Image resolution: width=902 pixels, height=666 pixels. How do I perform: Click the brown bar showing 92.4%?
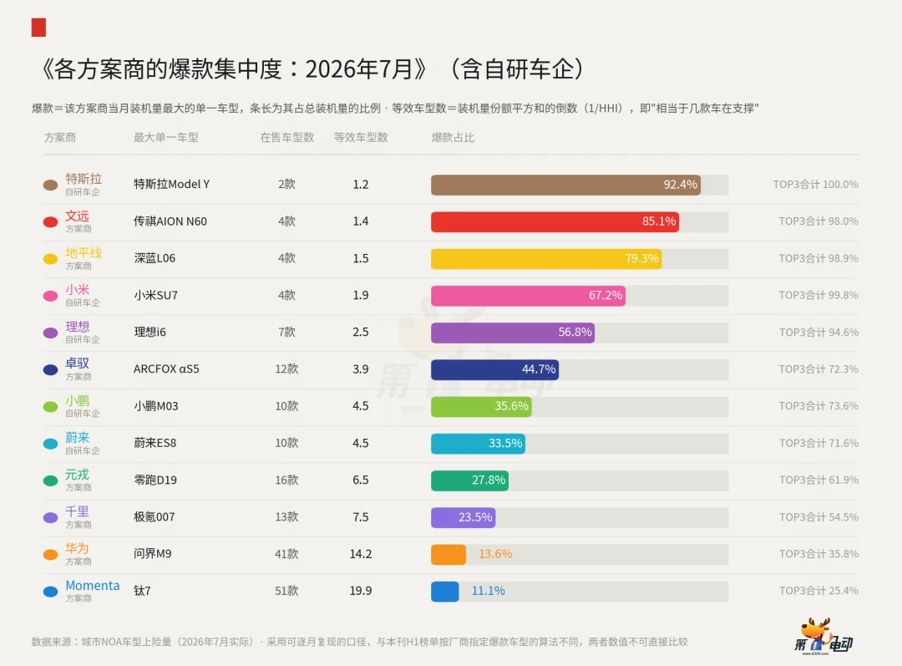coord(565,185)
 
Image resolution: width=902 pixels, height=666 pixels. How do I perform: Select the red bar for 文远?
coord(555,221)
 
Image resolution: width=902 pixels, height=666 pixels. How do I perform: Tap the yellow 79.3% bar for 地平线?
coord(546,258)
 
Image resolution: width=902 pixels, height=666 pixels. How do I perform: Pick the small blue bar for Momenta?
coord(444,591)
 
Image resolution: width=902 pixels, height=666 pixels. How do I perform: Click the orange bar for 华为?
coord(448,554)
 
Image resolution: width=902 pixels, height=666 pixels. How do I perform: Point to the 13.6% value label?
coord(495,554)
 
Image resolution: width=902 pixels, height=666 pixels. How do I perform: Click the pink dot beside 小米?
coord(51,296)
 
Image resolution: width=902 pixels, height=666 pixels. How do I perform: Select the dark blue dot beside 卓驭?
coord(51,369)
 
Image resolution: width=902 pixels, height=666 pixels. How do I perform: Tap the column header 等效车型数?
coord(361,138)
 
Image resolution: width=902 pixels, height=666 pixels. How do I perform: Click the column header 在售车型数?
coord(286,138)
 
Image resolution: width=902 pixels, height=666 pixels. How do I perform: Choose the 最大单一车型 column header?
coord(165,138)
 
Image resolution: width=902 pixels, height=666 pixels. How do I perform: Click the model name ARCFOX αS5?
coord(166,369)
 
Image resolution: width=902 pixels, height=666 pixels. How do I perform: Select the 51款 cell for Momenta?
coord(286,591)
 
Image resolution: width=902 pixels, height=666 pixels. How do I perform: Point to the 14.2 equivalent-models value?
coord(361,554)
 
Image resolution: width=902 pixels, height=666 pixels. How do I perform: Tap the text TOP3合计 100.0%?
coord(815,184)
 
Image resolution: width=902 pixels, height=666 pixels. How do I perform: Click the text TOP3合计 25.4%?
coord(818,591)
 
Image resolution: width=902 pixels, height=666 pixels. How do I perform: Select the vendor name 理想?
coord(77,327)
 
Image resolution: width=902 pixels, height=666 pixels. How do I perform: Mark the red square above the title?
coord(38,27)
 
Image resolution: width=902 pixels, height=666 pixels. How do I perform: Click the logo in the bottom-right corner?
coord(823,638)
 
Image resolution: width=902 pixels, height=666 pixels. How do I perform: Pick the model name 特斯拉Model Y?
coord(171,184)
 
